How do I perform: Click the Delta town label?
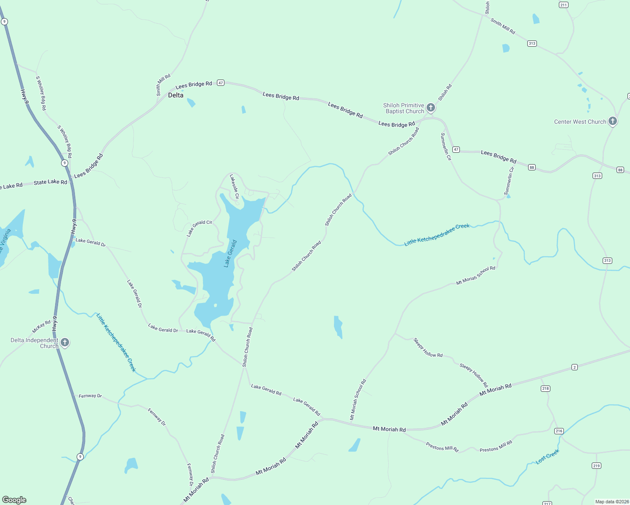[x=176, y=95]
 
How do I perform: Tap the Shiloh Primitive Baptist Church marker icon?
[x=430, y=108]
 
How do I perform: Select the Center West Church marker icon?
[x=613, y=121]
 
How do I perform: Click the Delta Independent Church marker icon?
[x=64, y=342]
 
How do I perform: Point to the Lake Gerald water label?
[x=230, y=253]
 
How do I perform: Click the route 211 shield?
[x=563, y=5]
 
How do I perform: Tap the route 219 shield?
[x=596, y=465]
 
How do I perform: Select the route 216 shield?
[x=559, y=431]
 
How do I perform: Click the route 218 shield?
[x=545, y=388]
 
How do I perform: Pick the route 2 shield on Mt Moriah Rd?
[x=574, y=367]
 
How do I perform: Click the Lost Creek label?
[x=547, y=457]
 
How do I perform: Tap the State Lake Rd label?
[x=50, y=182]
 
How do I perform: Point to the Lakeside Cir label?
[x=234, y=186]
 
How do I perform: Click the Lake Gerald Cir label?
[x=199, y=228]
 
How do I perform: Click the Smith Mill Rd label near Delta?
[x=163, y=85]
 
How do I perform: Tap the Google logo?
[x=14, y=500]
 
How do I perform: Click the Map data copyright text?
[x=611, y=502]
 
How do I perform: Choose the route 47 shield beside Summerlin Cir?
[x=456, y=149]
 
